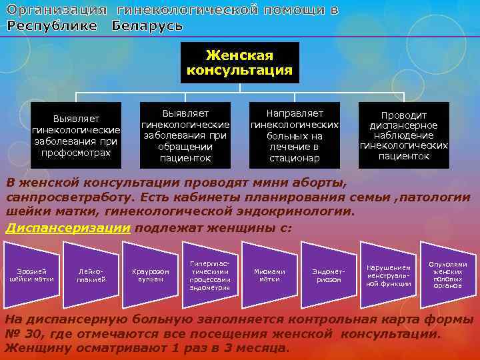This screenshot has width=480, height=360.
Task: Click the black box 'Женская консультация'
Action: coord(239,63)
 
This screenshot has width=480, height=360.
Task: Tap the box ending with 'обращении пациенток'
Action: coord(185,133)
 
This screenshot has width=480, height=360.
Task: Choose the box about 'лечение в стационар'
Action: coord(294,133)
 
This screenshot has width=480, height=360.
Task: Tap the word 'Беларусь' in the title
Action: coord(147,25)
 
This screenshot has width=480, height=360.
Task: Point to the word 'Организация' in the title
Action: coord(56,10)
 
